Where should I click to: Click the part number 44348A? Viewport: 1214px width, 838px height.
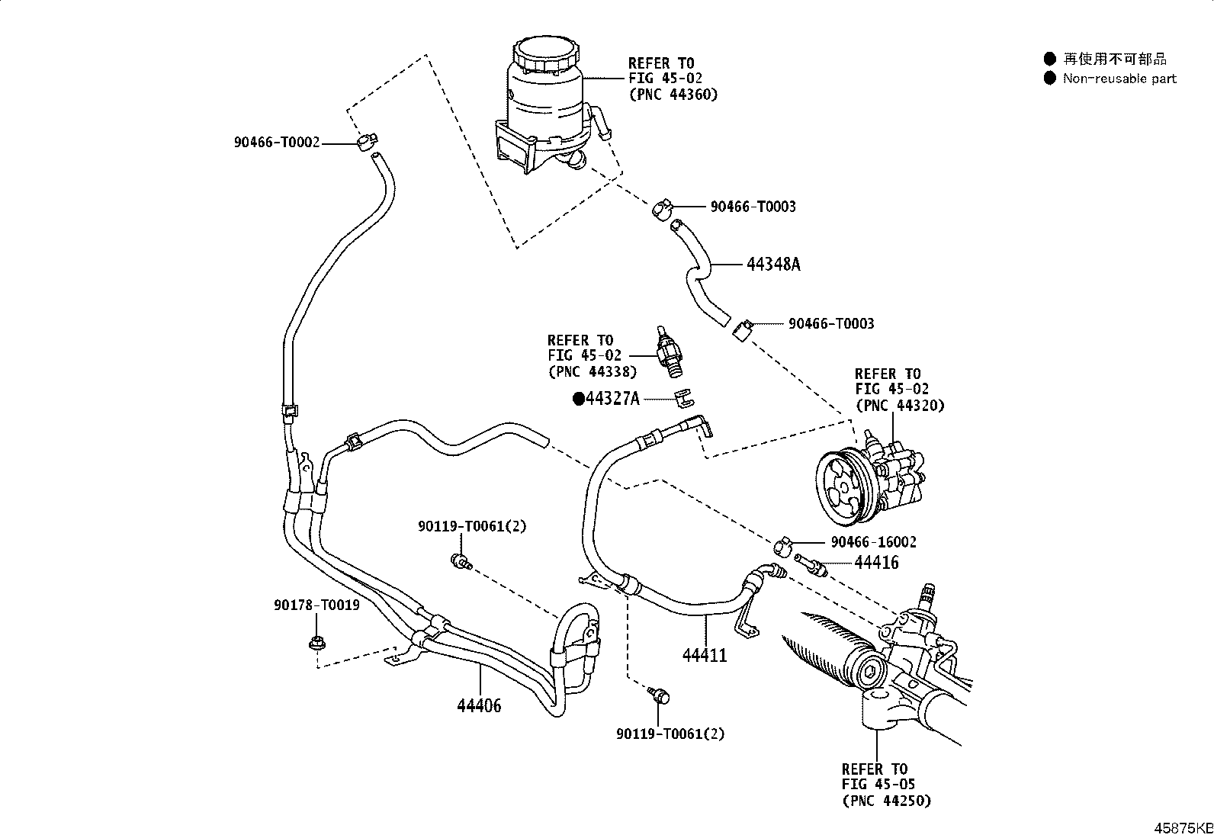pyautogui.click(x=773, y=265)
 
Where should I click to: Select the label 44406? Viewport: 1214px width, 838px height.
pyautogui.click(x=479, y=706)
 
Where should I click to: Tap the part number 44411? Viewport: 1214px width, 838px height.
pyautogui.click(x=705, y=655)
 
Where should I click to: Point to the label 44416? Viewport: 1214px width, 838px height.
pyautogui.click(x=876, y=563)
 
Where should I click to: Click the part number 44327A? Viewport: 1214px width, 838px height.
pyautogui.click(x=612, y=399)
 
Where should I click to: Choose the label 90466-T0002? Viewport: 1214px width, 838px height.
pyautogui.click(x=277, y=143)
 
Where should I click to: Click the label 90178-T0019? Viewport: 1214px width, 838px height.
pyautogui.click(x=316, y=605)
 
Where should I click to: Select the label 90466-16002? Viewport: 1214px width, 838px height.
pyautogui.click(x=874, y=542)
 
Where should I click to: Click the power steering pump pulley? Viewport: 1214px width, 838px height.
pyautogui.click(x=840, y=488)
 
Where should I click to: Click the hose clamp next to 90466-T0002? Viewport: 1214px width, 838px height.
pyautogui.click(x=367, y=142)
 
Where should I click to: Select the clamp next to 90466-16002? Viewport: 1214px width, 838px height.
pyautogui.click(x=782, y=546)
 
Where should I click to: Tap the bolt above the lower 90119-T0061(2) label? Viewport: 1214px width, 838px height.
pyautogui.click(x=659, y=695)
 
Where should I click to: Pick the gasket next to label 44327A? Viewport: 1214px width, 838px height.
pyautogui.click(x=685, y=397)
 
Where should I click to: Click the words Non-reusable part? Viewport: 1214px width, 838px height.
pyautogui.click(x=1119, y=79)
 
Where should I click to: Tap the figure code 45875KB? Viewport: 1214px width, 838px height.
pyautogui.click(x=1183, y=828)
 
